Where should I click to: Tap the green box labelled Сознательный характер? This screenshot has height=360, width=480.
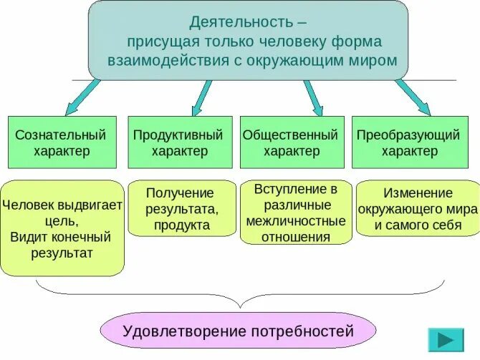(61, 142)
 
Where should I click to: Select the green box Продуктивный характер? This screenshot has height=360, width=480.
(179, 142)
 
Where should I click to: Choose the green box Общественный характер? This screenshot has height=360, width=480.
(291, 142)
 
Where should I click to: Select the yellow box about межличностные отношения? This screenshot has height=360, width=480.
(296, 213)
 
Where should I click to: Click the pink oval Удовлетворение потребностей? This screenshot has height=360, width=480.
(239, 331)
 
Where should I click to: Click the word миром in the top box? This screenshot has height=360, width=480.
(375, 59)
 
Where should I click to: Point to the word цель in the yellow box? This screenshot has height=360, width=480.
(36, 220)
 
